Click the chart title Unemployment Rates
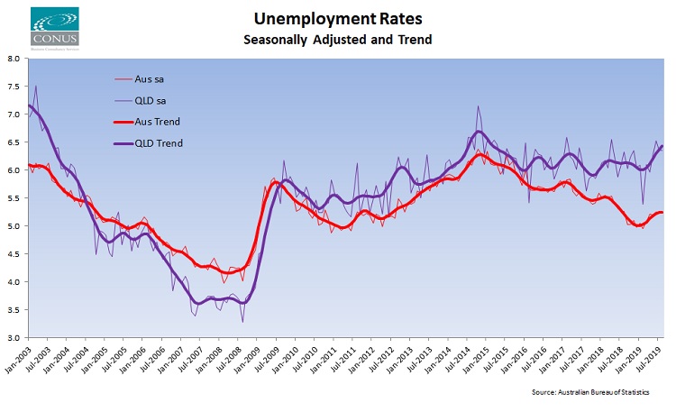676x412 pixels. (x=337, y=18)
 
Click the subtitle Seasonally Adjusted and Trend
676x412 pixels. (x=337, y=40)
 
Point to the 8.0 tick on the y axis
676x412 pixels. (x=14, y=59)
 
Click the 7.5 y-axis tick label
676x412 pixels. (x=14, y=87)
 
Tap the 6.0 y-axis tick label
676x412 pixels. (x=14, y=170)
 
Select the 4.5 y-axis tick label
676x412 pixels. (x=14, y=254)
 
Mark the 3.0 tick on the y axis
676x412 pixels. (x=14, y=338)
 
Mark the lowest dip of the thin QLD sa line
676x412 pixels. (x=242, y=321)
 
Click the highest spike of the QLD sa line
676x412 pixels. (x=36, y=87)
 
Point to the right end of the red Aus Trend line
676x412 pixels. (x=663, y=212)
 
